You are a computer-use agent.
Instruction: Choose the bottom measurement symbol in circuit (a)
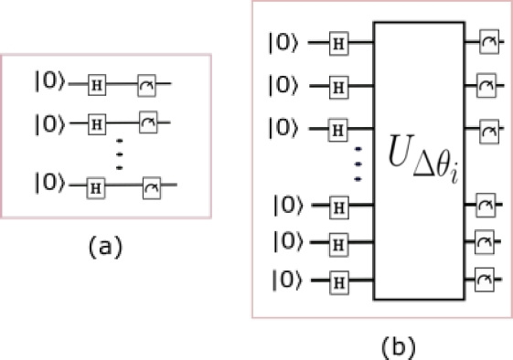click(x=151, y=185)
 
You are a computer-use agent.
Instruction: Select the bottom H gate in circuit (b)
click(x=340, y=280)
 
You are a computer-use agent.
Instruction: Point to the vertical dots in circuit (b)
click(x=358, y=162)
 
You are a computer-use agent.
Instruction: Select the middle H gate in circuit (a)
click(x=96, y=121)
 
